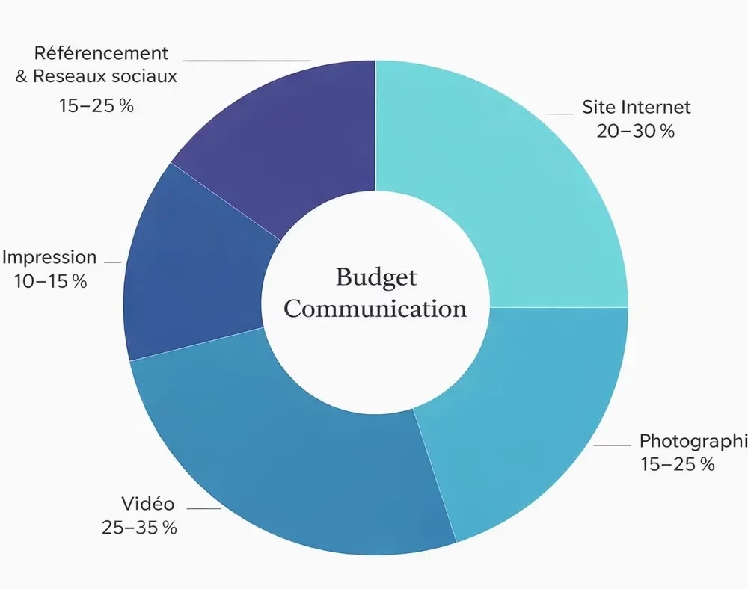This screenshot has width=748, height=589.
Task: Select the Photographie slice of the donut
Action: click(524, 419)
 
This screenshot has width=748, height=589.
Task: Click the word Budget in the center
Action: click(375, 277)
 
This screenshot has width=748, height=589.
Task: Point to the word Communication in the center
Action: click(375, 309)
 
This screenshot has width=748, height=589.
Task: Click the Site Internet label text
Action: click(637, 107)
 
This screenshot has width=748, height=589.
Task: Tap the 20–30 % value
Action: click(635, 131)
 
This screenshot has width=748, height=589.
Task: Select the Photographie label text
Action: click(693, 440)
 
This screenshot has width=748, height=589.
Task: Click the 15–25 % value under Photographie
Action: click(677, 464)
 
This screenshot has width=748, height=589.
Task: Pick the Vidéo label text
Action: click(147, 503)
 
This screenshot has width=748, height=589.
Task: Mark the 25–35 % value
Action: click(139, 528)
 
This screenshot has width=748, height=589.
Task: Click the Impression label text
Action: click(49, 258)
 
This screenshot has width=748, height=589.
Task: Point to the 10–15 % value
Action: click(49, 282)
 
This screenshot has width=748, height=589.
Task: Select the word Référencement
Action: click(101, 54)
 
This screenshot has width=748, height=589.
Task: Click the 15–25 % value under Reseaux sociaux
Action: click(96, 105)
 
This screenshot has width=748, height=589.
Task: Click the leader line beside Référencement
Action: click(247, 60)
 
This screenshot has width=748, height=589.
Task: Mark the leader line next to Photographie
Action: click(612, 445)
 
